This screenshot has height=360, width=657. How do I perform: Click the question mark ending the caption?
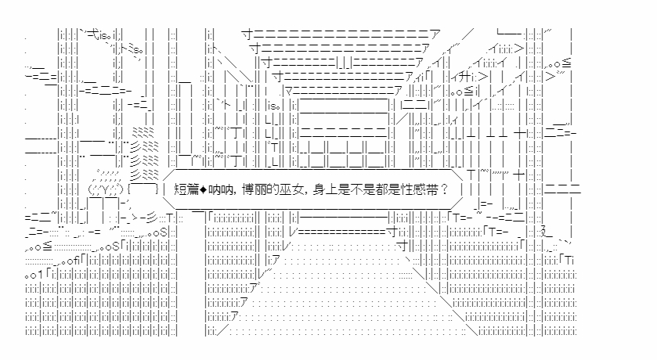[444, 189]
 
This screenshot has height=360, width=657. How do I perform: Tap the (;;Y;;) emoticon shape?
[105, 189]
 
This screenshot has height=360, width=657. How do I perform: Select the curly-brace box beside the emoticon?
[143, 189]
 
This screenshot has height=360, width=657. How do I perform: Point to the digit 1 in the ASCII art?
[40, 275]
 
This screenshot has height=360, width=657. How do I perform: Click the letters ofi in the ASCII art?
[73, 261]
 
